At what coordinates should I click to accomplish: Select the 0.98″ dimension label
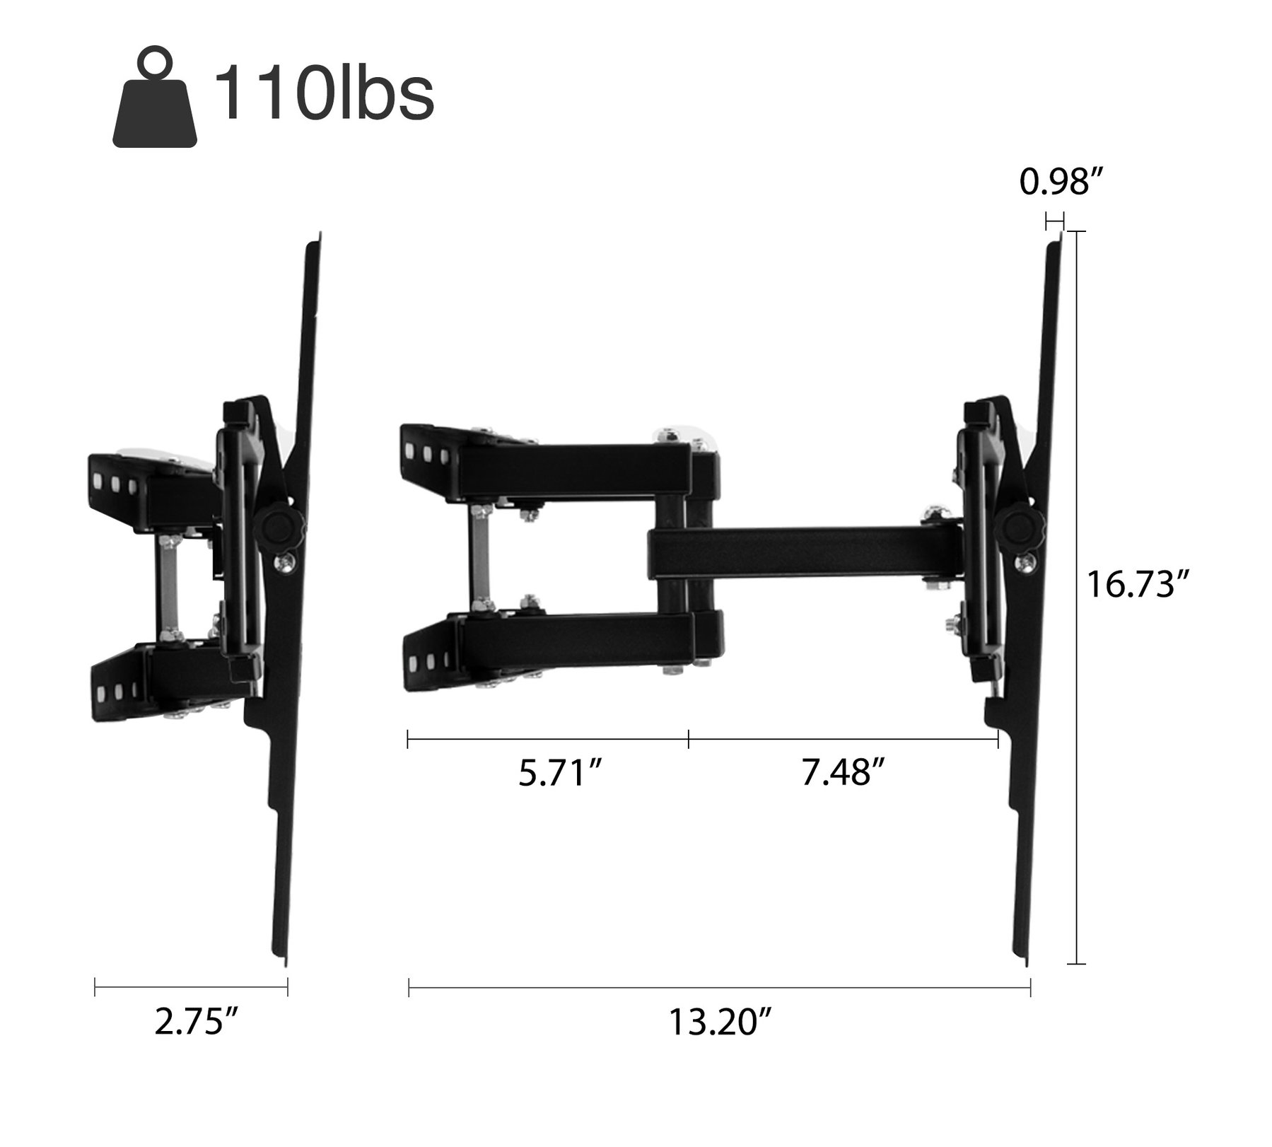(x=1061, y=183)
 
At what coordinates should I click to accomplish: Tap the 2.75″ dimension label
(x=196, y=1023)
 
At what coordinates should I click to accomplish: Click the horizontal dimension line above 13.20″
(x=719, y=987)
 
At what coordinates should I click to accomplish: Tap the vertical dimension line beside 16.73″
(x=1075, y=598)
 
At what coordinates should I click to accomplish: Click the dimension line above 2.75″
(x=191, y=987)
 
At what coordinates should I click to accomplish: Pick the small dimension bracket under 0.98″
(x=1054, y=221)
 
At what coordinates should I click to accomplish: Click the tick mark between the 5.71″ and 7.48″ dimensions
(x=688, y=740)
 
